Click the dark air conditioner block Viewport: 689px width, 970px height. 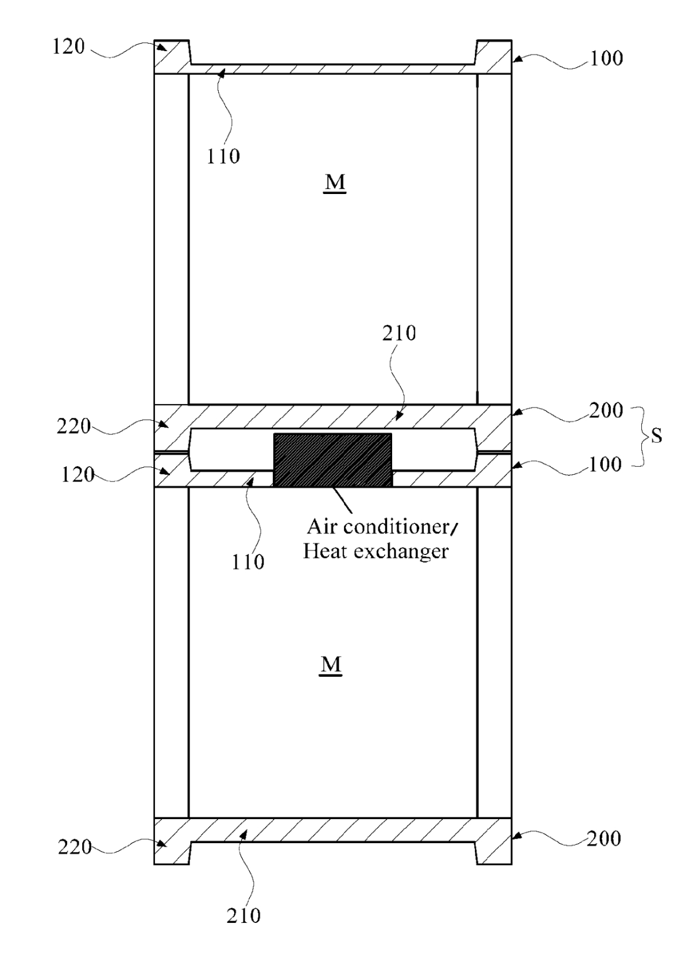click(x=332, y=459)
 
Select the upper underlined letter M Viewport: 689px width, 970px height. click(x=335, y=183)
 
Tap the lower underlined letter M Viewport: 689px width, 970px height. click(x=331, y=666)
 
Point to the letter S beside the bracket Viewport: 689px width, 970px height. click(x=656, y=435)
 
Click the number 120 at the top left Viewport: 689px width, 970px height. click(x=68, y=46)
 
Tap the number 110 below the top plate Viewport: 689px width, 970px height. click(x=223, y=156)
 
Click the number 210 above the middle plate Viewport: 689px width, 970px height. click(x=399, y=333)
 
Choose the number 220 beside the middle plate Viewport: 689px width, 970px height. click(x=73, y=426)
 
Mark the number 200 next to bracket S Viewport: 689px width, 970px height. click(x=606, y=410)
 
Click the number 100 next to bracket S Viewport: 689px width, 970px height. click(x=605, y=464)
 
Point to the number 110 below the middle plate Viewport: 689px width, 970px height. click(x=247, y=562)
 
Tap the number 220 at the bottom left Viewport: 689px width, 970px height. click(x=75, y=847)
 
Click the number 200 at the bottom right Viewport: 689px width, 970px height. click(x=603, y=839)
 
